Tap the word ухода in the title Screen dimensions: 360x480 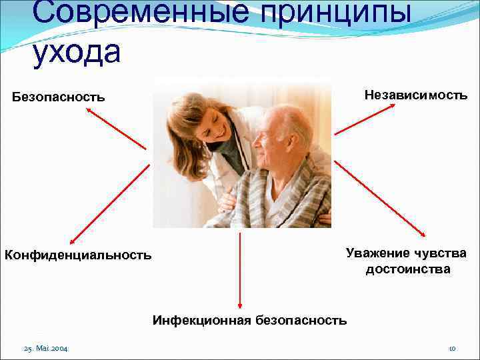pos(76,53)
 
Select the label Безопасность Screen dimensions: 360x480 pos(59,97)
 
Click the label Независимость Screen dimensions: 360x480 pos(415,95)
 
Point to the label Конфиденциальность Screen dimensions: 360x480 pos(78,255)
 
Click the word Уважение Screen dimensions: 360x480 pos(376,253)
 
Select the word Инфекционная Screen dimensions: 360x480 pos(202,320)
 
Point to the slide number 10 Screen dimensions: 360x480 pos(451,349)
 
